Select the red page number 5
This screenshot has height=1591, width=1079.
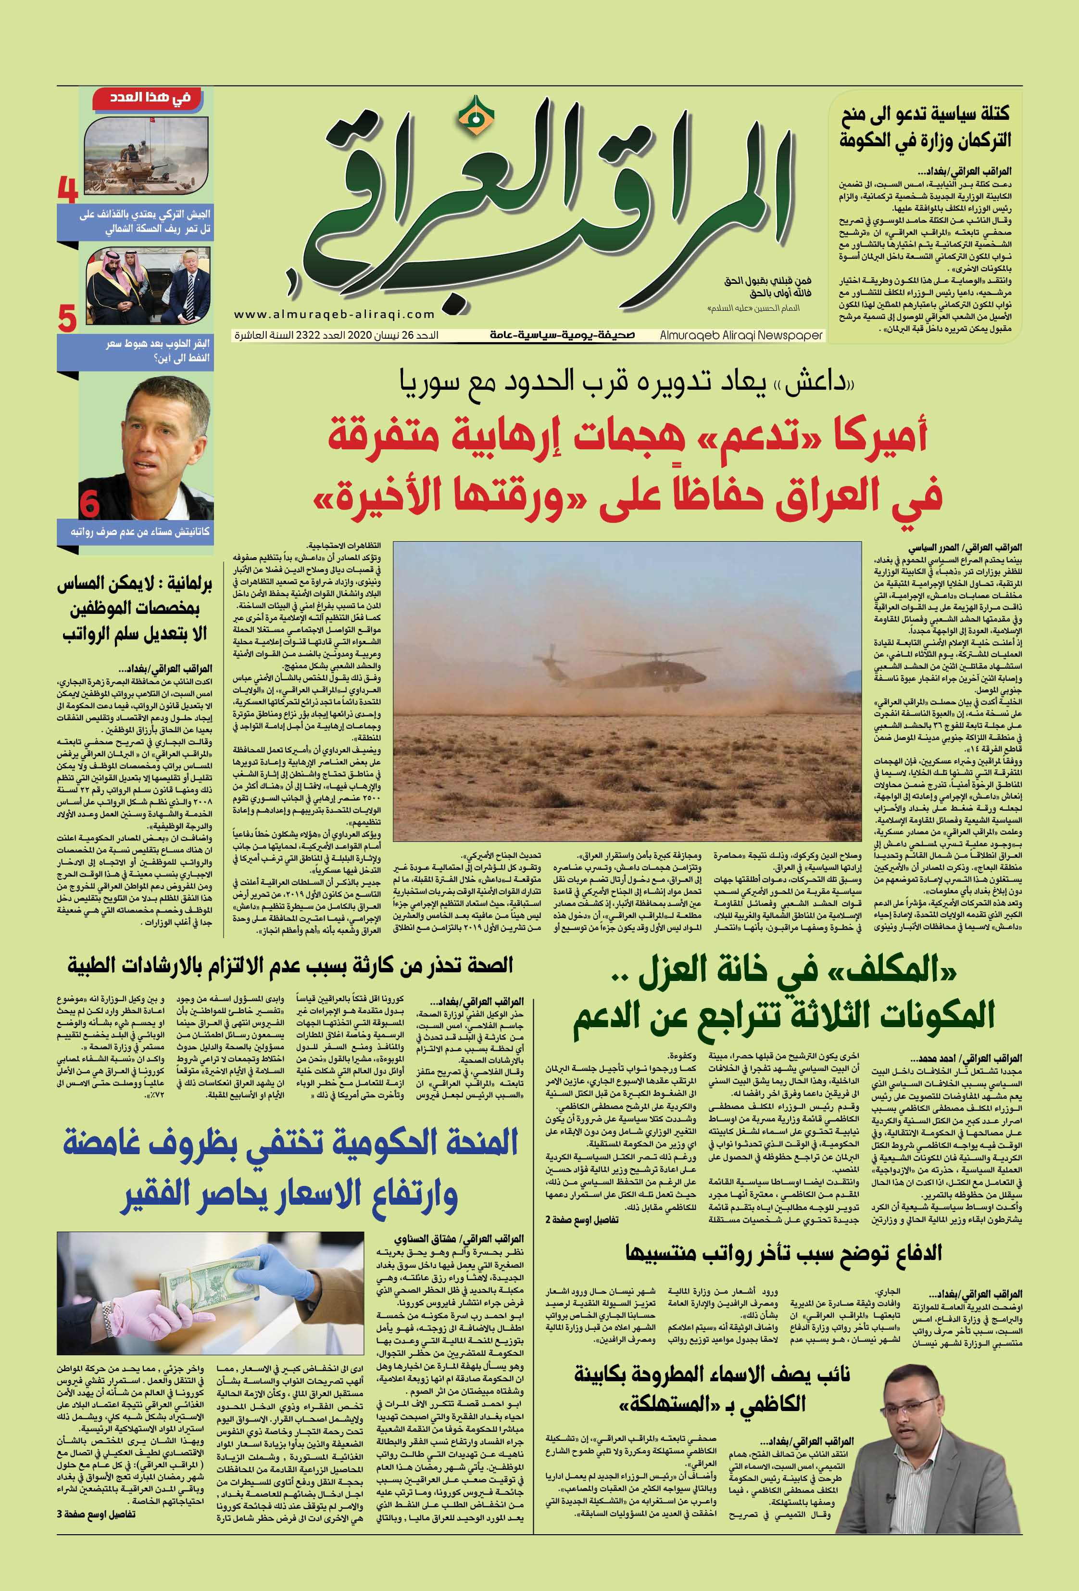[x=67, y=319]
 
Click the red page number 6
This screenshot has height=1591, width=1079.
[x=89, y=503]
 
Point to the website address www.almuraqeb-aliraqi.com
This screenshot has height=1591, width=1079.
[x=335, y=314]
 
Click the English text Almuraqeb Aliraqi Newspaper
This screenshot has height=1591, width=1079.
[x=741, y=335]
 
